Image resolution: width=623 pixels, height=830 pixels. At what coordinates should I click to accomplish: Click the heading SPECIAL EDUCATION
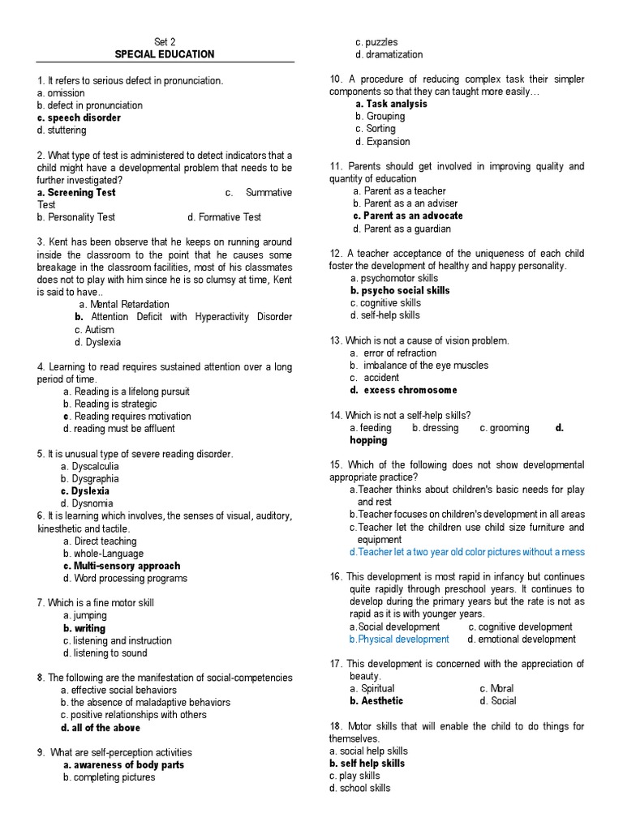tap(165, 54)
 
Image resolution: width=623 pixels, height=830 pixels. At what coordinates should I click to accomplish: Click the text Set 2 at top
tap(165, 42)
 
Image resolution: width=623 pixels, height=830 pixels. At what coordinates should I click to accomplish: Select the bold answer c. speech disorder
tap(79, 118)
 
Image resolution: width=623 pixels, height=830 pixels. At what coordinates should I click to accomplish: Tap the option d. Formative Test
tap(224, 217)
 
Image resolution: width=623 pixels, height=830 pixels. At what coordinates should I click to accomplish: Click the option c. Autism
tap(94, 330)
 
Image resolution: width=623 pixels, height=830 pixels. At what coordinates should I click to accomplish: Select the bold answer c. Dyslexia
tap(85, 491)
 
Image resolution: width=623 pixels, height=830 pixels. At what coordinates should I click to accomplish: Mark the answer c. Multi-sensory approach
tap(122, 566)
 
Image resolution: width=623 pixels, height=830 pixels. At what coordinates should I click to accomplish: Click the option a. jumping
tap(85, 616)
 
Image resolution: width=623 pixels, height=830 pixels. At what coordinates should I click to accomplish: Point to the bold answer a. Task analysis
tap(391, 104)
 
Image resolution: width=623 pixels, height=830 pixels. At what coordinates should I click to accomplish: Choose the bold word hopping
tap(368, 440)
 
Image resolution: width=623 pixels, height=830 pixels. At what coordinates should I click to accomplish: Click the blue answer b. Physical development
tap(399, 639)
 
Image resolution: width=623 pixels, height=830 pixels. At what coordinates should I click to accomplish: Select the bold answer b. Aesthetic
tap(376, 701)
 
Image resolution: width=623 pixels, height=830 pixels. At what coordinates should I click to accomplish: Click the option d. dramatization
tap(389, 54)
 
